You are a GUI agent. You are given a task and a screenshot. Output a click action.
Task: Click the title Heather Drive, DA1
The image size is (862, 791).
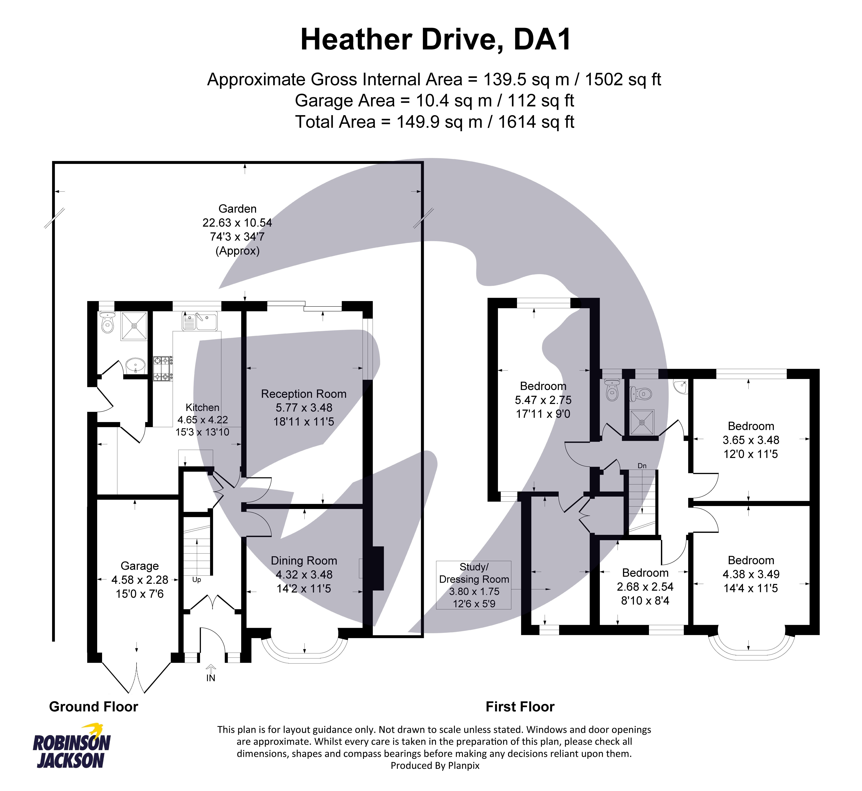tap(436, 40)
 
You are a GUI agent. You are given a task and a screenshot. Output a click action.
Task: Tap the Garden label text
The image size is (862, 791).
tap(237, 209)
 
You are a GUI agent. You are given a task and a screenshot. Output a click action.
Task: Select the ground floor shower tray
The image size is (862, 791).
tap(134, 326)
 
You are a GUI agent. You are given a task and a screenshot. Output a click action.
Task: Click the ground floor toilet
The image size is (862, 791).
tap(107, 323)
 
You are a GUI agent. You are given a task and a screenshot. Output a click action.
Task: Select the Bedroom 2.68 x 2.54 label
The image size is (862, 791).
tap(645, 586)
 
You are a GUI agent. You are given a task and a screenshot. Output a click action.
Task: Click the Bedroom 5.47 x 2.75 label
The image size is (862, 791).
tap(543, 400)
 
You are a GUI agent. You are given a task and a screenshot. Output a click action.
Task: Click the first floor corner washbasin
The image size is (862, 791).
tap(680, 387)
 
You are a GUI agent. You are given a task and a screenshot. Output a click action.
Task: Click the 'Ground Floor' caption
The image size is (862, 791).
tap(93, 707)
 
